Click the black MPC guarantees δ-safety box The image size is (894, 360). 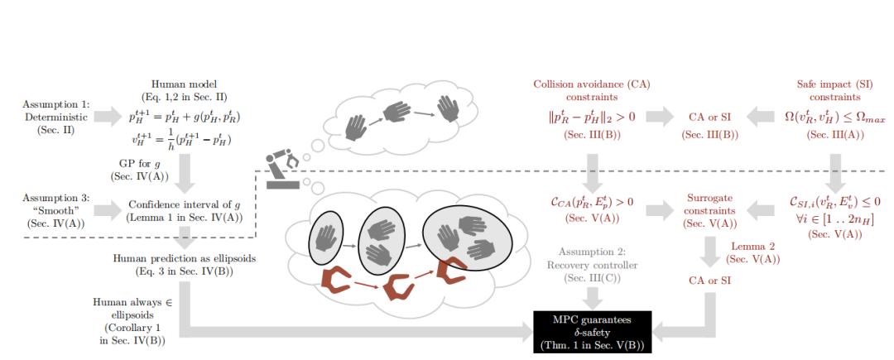[x=592, y=331]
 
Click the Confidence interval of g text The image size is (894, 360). [x=183, y=211]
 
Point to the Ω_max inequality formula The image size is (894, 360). [x=836, y=117]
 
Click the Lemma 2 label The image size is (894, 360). [x=752, y=252]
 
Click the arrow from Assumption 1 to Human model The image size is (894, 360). [x=108, y=117]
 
